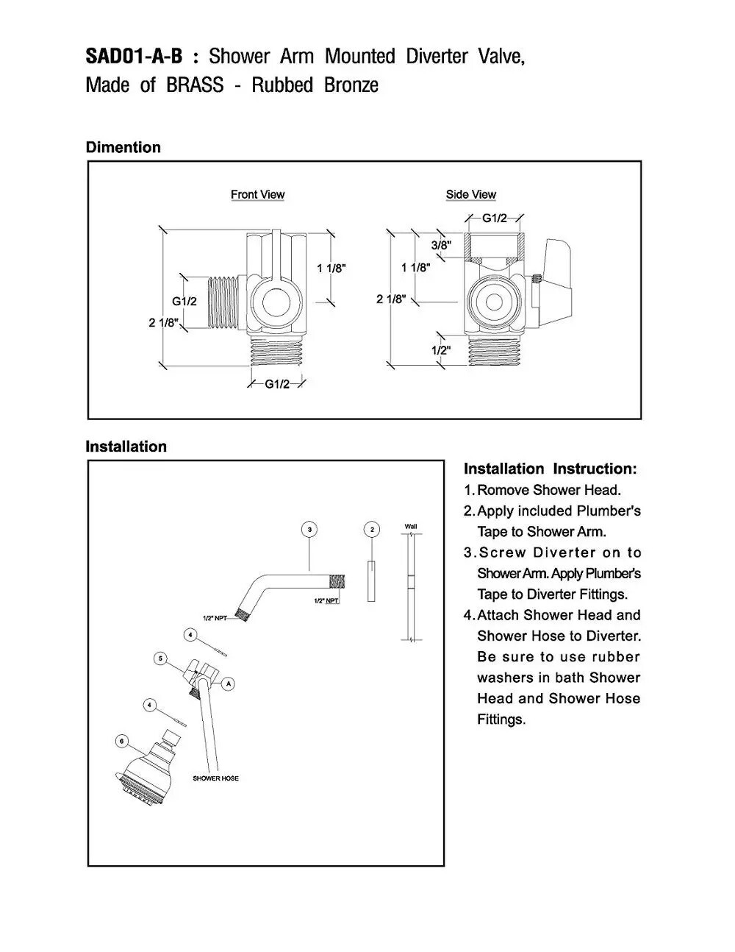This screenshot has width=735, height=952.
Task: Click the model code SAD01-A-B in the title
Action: click(x=134, y=57)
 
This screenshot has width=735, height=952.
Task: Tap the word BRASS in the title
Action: click(x=194, y=85)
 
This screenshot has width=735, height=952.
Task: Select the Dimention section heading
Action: click(x=123, y=147)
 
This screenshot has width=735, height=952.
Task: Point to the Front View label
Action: click(x=257, y=194)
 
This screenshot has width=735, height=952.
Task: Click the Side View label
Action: click(x=470, y=194)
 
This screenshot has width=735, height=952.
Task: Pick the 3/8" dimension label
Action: click(x=441, y=245)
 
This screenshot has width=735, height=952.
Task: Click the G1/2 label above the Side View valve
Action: click(x=495, y=218)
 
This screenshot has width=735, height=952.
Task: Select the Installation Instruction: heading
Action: click(x=550, y=469)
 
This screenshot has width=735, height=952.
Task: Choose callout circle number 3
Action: click(x=310, y=529)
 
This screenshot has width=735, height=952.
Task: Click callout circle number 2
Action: click(x=373, y=529)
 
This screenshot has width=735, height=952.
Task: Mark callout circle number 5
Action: click(x=161, y=658)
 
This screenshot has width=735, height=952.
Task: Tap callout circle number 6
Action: click(x=122, y=741)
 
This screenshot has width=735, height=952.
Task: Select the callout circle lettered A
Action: click(x=229, y=683)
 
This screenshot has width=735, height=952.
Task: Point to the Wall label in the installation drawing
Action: click(x=411, y=527)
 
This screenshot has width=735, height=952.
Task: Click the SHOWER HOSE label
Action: click(x=215, y=778)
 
